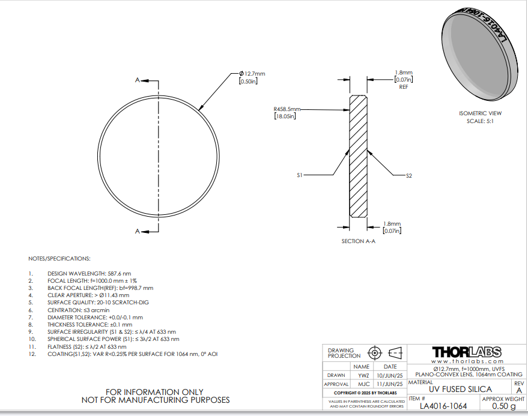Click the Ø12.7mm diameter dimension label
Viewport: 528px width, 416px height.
coord(252,73)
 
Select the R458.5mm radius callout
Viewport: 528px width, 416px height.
coord(287,109)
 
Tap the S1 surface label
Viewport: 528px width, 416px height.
coord(300,175)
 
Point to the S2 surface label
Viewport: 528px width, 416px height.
coord(409,176)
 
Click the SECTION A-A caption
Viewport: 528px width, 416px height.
coord(358,241)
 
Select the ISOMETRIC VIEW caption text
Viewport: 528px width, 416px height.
coord(480,113)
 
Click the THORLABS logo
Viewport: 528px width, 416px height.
coord(467,352)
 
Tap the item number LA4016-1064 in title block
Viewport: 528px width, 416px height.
coord(443,406)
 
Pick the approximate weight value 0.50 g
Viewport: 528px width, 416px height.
coord(504,406)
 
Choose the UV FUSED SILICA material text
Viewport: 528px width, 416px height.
coord(460,390)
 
